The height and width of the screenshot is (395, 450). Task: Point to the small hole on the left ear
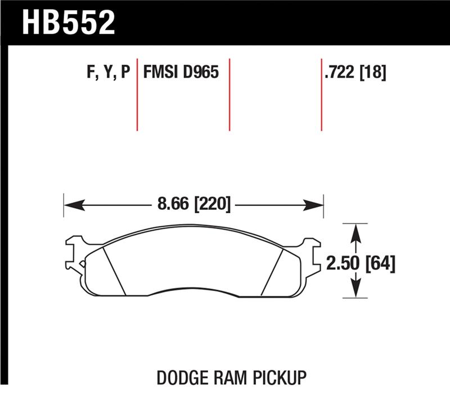[83, 263]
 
